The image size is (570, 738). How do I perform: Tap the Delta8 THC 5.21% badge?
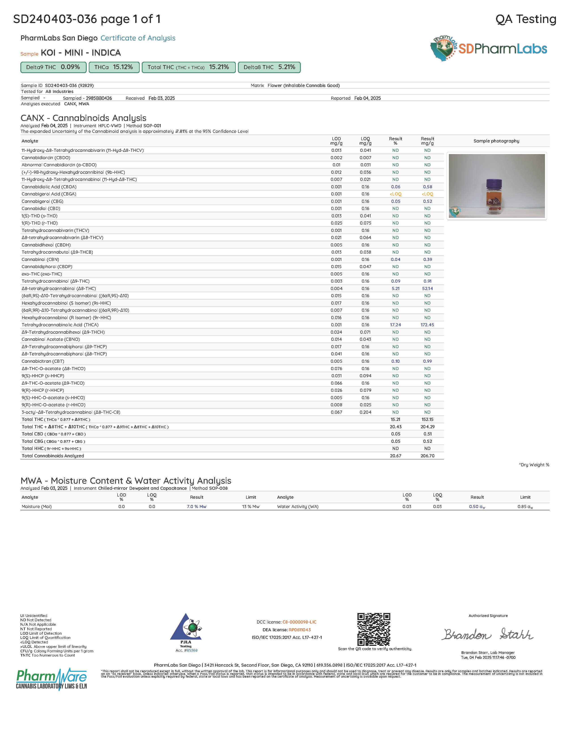point(269,67)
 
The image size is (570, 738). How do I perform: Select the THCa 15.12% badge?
point(114,67)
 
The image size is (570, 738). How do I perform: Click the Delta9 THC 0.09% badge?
point(53,67)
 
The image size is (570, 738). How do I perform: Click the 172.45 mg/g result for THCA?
point(427,325)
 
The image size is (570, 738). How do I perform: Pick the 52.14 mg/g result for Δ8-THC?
point(427,288)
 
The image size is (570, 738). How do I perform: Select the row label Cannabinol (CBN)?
point(40,259)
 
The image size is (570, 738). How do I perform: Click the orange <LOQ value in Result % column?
point(395,194)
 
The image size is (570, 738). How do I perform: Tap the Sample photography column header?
point(496,141)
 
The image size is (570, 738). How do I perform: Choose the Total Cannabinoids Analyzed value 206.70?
point(427,456)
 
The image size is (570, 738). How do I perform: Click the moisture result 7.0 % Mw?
point(196,507)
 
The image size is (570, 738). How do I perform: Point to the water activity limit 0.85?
point(525,507)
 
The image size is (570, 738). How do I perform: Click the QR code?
point(374,629)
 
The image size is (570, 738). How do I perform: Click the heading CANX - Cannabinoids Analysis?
point(83,118)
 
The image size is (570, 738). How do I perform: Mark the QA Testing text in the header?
point(526,19)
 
